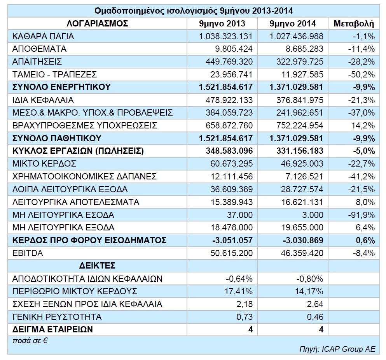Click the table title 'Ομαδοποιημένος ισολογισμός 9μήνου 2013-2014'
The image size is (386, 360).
point(194,11)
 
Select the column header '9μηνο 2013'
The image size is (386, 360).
point(222,24)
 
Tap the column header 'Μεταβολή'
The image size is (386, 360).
point(354,24)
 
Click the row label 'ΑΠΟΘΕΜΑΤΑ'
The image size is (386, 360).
point(39,49)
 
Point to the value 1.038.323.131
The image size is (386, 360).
point(225,37)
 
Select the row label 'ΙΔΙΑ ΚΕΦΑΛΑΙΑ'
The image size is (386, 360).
point(43,100)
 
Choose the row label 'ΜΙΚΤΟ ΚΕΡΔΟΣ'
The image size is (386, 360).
point(44,163)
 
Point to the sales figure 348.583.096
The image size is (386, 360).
point(229,151)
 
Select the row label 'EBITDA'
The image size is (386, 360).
point(28,253)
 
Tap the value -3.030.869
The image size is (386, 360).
point(303,240)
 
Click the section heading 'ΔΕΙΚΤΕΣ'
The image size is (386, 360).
point(97,266)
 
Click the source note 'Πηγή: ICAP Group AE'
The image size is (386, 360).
point(337,349)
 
